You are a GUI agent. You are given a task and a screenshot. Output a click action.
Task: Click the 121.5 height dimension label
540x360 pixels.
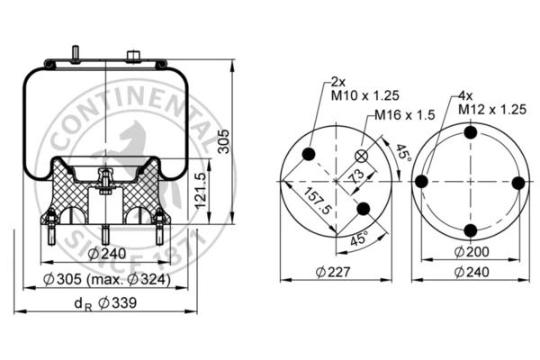[x=200, y=191]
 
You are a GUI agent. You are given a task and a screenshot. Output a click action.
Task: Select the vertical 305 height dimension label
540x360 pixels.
[x=224, y=141]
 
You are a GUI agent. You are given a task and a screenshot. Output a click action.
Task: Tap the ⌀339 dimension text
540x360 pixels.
[x=117, y=303]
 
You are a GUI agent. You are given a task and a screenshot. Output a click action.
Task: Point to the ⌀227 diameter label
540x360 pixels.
[x=333, y=272]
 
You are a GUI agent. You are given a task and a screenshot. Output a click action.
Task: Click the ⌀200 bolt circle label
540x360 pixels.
[x=472, y=252]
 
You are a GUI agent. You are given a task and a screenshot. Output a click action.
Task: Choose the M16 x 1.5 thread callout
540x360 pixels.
[x=405, y=115]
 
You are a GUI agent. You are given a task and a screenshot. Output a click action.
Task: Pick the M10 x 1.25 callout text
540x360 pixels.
[x=365, y=95]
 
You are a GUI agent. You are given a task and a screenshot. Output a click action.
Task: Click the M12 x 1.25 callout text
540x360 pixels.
[x=492, y=110]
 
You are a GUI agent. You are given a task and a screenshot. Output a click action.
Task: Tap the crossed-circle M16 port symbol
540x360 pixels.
[x=362, y=157]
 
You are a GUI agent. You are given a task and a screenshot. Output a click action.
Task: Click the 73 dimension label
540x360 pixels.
[x=355, y=175]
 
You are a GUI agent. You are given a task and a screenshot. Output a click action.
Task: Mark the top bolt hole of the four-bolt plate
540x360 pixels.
[x=471, y=132]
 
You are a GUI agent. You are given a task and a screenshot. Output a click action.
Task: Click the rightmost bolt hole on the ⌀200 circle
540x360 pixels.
[x=518, y=183]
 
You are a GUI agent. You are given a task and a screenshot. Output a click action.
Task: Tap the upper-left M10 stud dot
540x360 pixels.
[x=309, y=154]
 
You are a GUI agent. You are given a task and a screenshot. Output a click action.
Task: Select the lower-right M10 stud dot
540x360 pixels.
[x=364, y=209]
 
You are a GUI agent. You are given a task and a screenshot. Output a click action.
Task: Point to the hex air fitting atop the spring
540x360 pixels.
[x=133, y=57]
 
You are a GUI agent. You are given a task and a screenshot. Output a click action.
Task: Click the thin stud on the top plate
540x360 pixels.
[x=75, y=54]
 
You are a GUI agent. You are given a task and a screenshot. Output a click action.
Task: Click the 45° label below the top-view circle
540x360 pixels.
[x=359, y=238]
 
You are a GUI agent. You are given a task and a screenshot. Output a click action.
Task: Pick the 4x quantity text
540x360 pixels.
[x=465, y=95]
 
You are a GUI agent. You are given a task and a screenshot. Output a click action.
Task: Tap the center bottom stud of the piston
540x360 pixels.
[x=105, y=235]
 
